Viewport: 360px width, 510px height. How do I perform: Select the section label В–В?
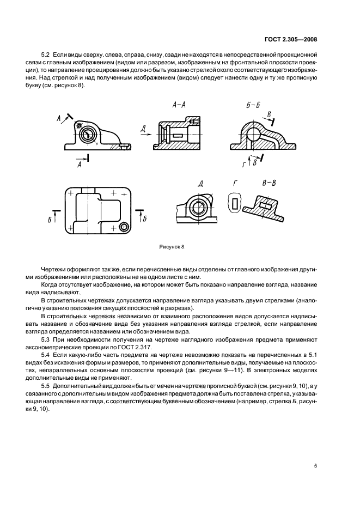(x=269, y=183)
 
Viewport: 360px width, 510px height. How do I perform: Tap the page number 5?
(x=315, y=465)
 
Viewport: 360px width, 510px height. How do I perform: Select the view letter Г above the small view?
(x=234, y=184)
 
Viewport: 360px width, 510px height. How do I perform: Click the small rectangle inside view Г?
(x=234, y=203)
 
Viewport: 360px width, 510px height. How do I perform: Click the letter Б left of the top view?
(x=50, y=219)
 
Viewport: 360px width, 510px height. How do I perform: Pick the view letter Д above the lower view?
(x=201, y=184)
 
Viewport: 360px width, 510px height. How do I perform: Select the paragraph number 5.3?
(x=45, y=341)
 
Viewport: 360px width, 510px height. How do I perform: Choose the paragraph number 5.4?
(x=45, y=355)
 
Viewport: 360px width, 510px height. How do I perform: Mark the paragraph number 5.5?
(x=45, y=385)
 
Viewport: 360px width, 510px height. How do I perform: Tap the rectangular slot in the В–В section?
(x=266, y=205)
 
